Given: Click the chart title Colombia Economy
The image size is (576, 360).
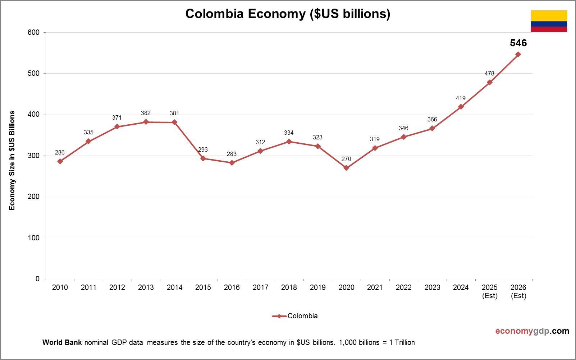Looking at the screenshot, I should point(288,14).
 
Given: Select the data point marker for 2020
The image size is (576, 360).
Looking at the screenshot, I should point(346,168).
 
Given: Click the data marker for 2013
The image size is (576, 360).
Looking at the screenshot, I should point(146,122).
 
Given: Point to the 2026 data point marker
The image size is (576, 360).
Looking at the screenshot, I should point(518,54).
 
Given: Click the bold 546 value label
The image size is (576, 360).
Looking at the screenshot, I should point(518,43).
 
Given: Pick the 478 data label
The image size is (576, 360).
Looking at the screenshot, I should point(489,73).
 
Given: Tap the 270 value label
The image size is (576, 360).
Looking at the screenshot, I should point(346,159).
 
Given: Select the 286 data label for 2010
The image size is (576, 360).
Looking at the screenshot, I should point(60,153).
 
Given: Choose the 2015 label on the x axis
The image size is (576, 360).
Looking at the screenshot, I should point(203,287).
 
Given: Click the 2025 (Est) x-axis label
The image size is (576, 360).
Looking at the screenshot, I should point(489,291).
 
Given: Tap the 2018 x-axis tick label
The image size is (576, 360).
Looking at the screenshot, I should point(289,287).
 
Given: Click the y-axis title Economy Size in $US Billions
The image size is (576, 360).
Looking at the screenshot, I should point(12,161).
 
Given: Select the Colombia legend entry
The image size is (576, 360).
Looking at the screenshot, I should point(295,316).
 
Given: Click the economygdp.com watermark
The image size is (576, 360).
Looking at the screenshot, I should point(532,331).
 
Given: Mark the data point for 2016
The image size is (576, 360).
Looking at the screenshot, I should point(232,163).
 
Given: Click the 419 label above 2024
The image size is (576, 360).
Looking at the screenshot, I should point(461,98).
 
